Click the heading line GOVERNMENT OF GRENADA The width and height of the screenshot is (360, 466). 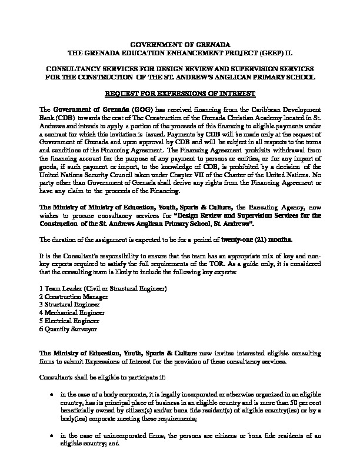179,45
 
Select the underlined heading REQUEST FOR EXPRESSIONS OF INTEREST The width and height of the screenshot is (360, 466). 179,94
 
